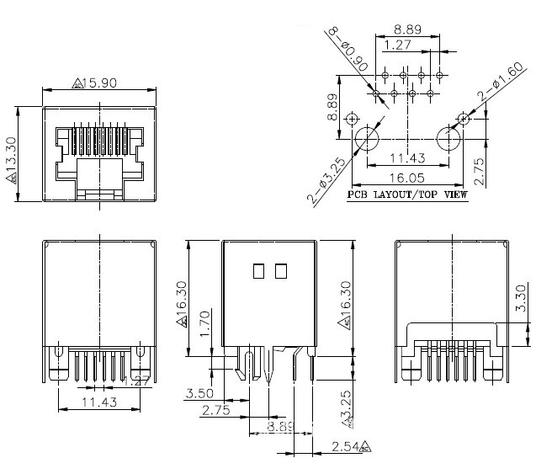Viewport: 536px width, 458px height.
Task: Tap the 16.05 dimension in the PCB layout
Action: (407, 178)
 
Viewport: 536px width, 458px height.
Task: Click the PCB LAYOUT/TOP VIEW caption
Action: (408, 194)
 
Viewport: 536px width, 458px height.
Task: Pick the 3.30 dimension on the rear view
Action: (522, 298)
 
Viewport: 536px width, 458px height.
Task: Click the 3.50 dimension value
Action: (199, 393)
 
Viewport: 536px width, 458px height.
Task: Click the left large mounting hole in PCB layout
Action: (367, 137)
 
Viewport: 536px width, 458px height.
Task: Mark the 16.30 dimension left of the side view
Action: (181, 302)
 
